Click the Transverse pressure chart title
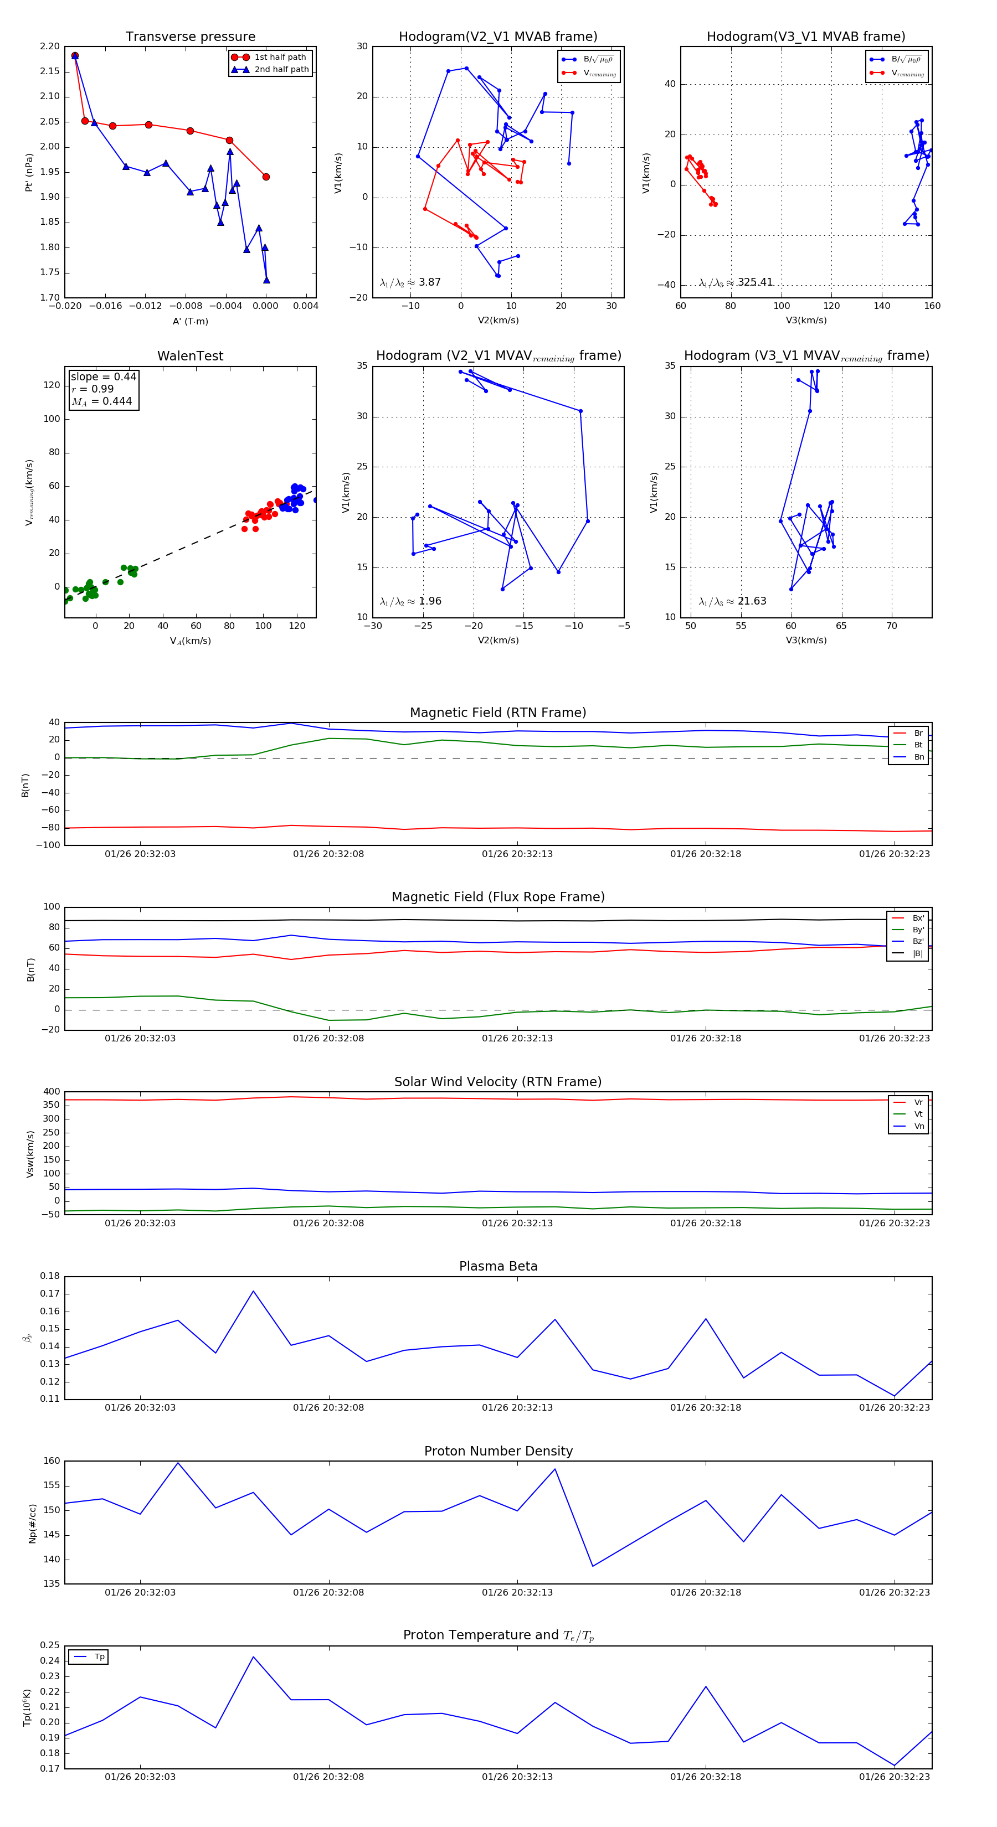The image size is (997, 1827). (x=190, y=37)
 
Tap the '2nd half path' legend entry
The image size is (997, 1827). (x=281, y=70)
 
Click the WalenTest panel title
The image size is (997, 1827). (x=190, y=356)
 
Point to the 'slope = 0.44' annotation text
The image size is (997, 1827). (x=103, y=376)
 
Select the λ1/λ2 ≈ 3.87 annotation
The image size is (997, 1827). (x=410, y=282)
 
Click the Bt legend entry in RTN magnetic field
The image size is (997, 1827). (x=918, y=745)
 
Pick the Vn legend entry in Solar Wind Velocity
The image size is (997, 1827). (x=918, y=1126)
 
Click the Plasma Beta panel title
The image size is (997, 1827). (x=498, y=1266)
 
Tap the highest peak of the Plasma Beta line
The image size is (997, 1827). (x=253, y=1291)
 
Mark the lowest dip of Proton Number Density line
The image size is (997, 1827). (x=593, y=1566)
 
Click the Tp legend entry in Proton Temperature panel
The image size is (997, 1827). (x=99, y=1657)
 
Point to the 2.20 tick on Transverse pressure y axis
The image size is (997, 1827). (x=50, y=47)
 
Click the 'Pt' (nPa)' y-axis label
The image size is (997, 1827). (x=29, y=172)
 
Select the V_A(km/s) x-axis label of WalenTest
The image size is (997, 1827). (x=190, y=641)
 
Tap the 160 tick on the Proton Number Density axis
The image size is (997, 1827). (x=52, y=1461)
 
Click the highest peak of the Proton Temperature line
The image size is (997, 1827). (x=253, y=1657)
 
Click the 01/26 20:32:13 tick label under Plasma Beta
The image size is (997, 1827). (x=517, y=1407)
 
